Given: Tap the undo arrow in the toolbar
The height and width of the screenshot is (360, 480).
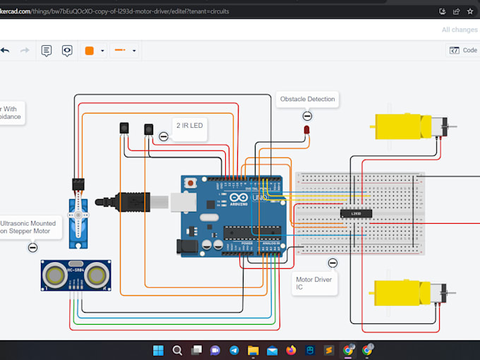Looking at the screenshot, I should pos(5,50).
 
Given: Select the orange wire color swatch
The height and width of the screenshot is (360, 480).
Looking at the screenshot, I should pos(90,50).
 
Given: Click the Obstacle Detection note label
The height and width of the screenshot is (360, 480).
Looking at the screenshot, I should pos(307,100).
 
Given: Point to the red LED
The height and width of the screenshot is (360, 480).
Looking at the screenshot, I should pos(307,131).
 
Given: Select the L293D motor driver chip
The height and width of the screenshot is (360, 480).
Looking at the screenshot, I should pos(356,212).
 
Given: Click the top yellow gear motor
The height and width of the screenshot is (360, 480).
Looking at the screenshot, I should pos(401,127).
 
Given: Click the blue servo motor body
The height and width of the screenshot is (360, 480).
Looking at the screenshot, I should pos(78,222).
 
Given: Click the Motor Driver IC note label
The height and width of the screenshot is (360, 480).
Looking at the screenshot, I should pos(313,284).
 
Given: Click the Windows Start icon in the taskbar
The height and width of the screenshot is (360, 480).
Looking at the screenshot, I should pos(158,350).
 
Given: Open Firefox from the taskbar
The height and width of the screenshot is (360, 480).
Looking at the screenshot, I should pos(291,350).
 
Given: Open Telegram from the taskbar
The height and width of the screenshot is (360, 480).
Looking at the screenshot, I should pos(234,350).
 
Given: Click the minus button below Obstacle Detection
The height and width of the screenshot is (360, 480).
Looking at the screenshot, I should pos(307,116).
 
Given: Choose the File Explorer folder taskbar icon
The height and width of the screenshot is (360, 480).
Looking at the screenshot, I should pos(253,350).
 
